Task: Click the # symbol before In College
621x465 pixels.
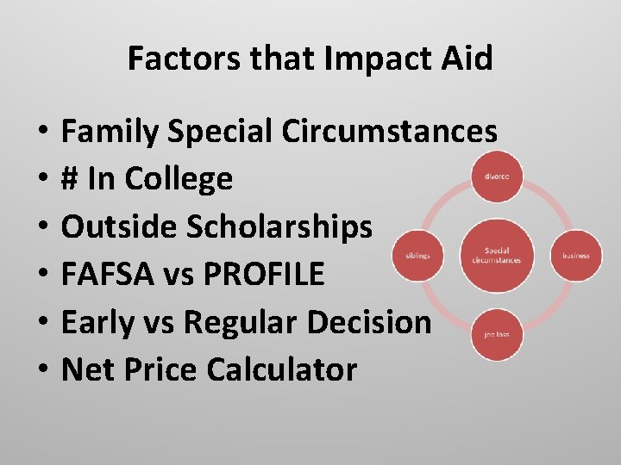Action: click(x=72, y=179)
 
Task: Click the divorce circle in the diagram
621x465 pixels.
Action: click(x=496, y=177)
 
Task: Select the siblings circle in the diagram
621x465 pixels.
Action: click(x=417, y=255)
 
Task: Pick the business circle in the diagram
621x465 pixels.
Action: click(x=576, y=256)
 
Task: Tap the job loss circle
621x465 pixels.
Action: click(x=496, y=334)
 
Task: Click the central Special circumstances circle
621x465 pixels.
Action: click(x=496, y=256)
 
